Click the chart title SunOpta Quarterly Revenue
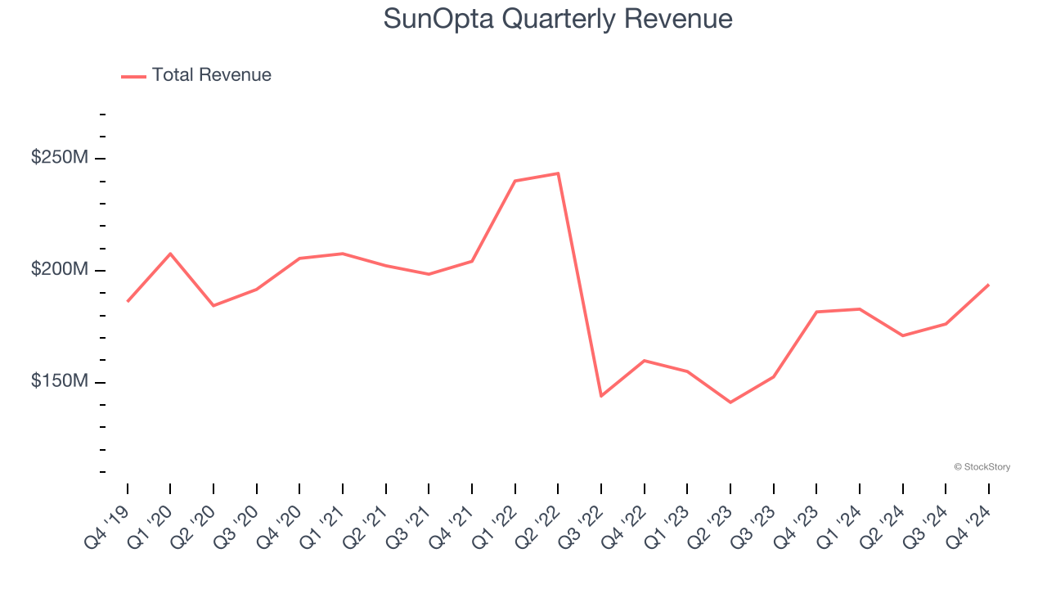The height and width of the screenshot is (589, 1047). click(x=558, y=19)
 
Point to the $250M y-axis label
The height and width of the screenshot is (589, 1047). click(x=59, y=157)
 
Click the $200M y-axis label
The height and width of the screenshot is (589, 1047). click(x=59, y=270)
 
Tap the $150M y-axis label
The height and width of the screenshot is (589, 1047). click(x=59, y=382)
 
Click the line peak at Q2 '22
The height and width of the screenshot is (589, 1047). click(x=558, y=173)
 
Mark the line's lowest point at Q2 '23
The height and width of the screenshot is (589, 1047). click(x=730, y=402)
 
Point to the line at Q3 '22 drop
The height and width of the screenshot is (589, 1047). click(x=601, y=396)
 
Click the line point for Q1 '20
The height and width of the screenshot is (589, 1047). click(x=170, y=254)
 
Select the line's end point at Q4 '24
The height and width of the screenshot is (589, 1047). click(x=989, y=285)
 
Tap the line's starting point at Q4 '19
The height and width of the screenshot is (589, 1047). click(x=128, y=301)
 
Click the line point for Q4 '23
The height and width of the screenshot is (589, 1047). click(x=816, y=312)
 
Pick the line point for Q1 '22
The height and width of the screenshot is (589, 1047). click(x=515, y=181)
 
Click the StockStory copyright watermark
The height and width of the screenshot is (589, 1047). click(x=982, y=467)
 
